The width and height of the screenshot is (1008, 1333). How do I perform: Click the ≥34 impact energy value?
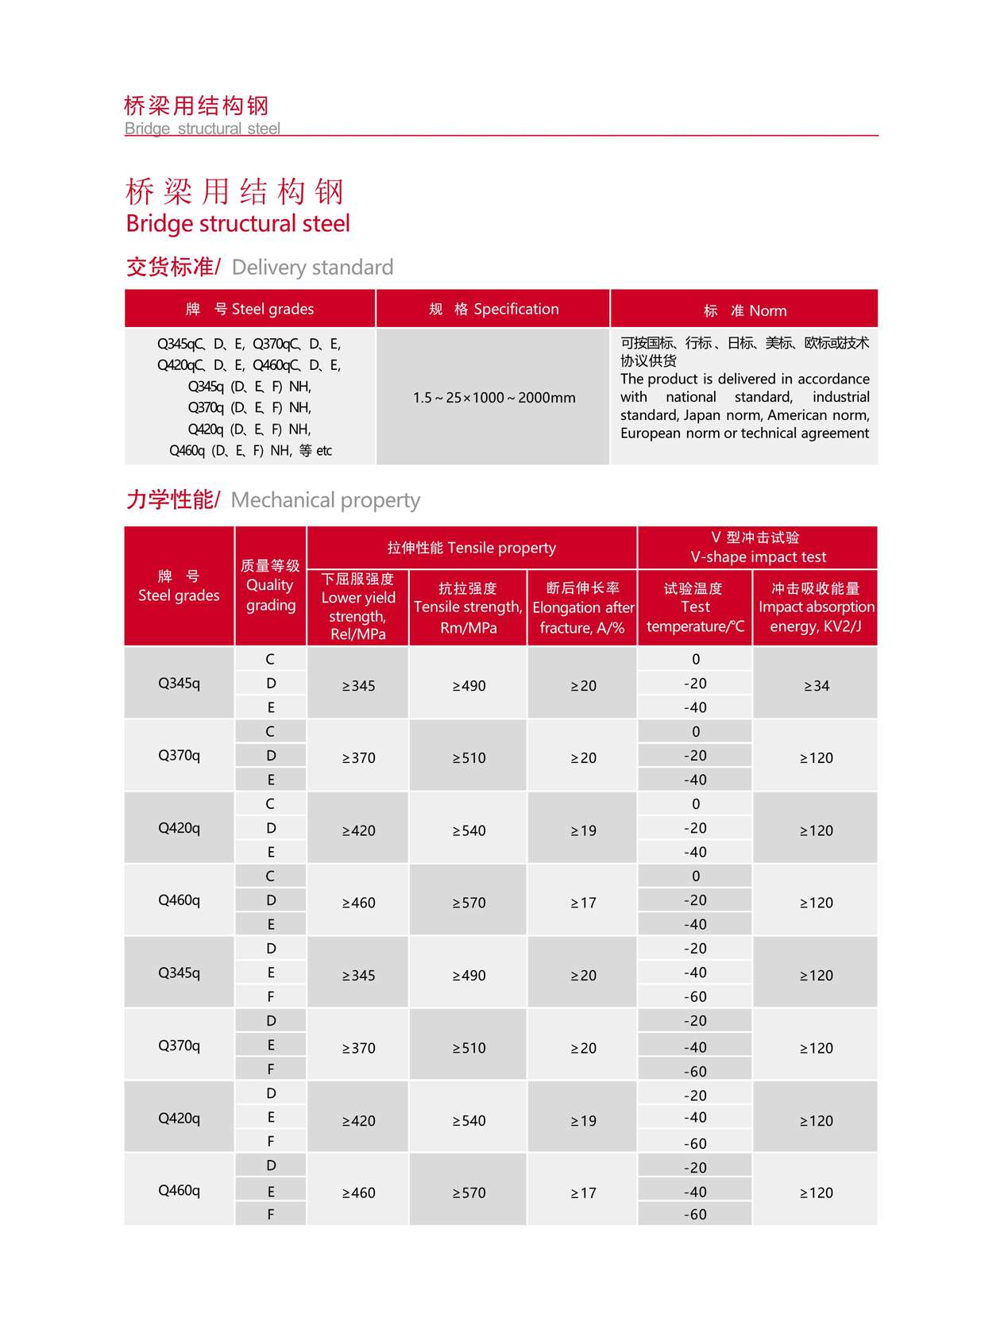pyautogui.click(x=816, y=685)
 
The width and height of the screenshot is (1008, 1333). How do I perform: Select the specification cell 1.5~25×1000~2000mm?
pyautogui.click(x=493, y=397)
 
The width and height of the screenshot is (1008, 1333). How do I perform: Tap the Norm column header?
pyautogui.click(x=744, y=310)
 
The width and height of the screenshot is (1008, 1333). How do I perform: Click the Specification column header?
pyautogui.click(x=493, y=309)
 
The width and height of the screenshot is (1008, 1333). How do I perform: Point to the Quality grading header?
pyautogui.click(x=270, y=585)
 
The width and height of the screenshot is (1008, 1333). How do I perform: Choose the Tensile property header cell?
pyautogui.click(x=471, y=548)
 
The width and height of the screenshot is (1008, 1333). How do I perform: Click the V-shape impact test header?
pyautogui.click(x=757, y=548)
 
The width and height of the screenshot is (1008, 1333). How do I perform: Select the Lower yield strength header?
pyautogui.click(x=357, y=607)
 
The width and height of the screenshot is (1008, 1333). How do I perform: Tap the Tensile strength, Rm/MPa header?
pyautogui.click(x=468, y=607)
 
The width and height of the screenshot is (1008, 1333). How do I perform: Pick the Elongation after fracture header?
pyautogui.click(x=582, y=607)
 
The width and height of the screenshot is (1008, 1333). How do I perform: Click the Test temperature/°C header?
pyautogui.click(x=695, y=607)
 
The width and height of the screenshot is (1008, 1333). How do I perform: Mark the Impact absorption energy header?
pyautogui.click(x=816, y=607)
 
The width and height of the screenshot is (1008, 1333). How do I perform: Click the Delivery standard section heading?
pyautogui.click(x=260, y=267)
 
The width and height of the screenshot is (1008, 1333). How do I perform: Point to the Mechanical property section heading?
pyautogui.click(x=272, y=499)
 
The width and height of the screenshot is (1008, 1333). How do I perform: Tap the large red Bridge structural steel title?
pyautogui.click(x=238, y=223)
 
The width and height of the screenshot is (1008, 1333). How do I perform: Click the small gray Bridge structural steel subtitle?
pyautogui.click(x=203, y=129)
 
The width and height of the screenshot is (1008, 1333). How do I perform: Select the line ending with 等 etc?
pyautogui.click(x=250, y=450)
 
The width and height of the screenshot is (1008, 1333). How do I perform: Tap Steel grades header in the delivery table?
pyautogui.click(x=249, y=309)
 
